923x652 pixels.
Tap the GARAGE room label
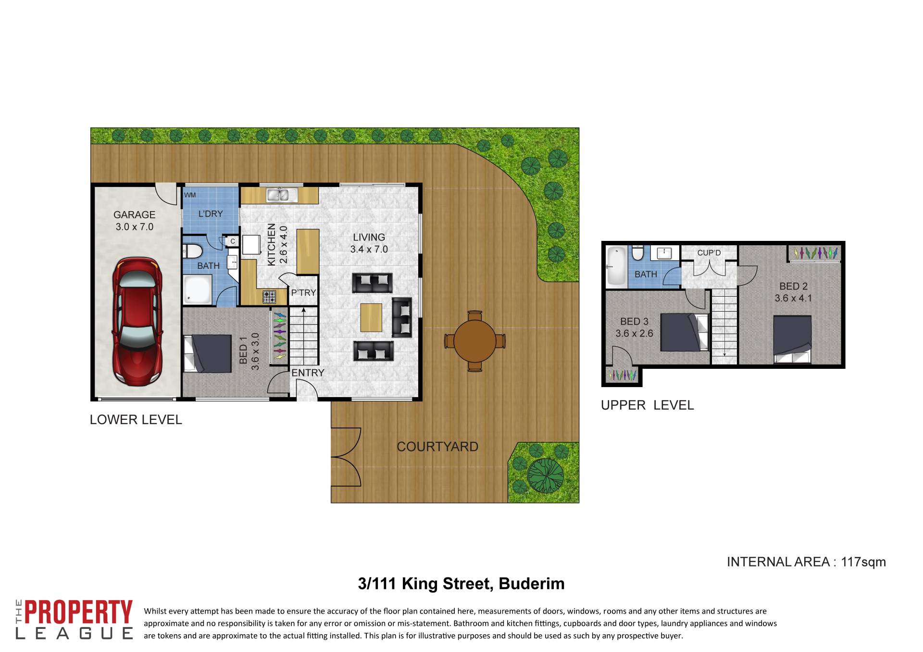click(134, 215)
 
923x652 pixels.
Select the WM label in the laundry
click(190, 195)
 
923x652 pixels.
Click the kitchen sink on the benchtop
click(277, 195)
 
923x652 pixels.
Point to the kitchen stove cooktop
click(269, 297)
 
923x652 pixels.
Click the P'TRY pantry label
click(303, 292)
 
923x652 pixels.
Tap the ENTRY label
click(308, 373)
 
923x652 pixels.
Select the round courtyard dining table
click(475, 341)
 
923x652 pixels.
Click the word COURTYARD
click(437, 447)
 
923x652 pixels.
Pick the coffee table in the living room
click(371, 317)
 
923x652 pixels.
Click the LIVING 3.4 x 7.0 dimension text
click(369, 249)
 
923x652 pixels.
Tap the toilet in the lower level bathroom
click(192, 251)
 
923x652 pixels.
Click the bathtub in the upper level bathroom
click(617, 266)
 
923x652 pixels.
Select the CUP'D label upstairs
click(709, 253)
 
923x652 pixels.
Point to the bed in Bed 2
click(792, 339)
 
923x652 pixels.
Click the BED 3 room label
click(634, 321)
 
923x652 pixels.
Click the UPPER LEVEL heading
click(647, 405)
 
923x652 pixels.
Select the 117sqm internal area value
click(863, 562)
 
